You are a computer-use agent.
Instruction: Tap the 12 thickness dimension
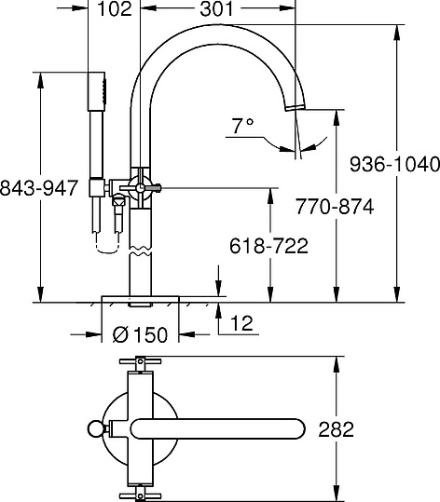[x=241, y=324]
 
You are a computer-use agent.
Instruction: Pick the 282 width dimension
[x=337, y=429]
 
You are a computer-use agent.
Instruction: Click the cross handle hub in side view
[x=139, y=188]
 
